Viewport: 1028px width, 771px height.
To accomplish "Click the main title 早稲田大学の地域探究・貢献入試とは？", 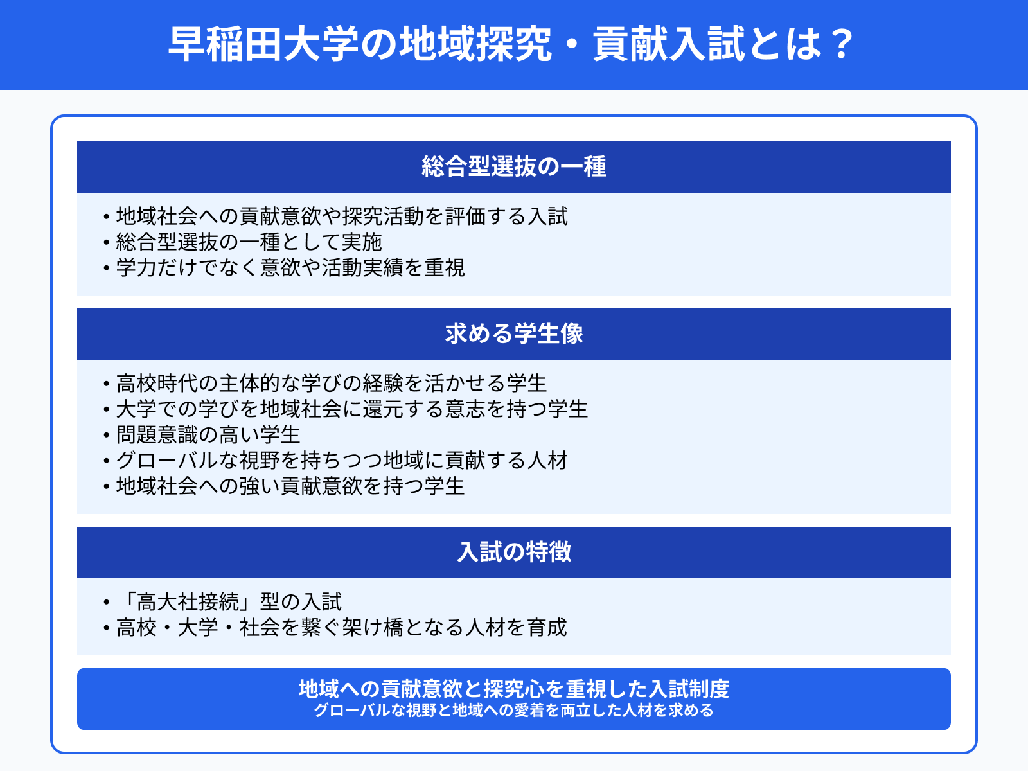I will tap(511, 44).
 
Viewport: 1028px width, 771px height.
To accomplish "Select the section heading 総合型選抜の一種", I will tap(514, 167).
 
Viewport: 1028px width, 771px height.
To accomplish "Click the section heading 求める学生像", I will tap(514, 334).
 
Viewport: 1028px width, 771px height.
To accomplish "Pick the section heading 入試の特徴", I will tap(514, 553).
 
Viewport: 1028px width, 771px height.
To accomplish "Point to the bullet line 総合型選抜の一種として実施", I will tap(249, 242).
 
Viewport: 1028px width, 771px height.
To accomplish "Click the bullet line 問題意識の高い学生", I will tap(208, 435).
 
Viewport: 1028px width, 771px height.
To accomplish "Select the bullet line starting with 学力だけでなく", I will tap(290, 268).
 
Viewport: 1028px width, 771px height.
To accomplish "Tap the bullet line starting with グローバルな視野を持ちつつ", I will tap(342, 461).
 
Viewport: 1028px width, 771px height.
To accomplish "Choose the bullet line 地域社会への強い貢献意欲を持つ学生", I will tap(290, 486).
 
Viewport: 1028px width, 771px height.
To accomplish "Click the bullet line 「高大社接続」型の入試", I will tap(229, 602).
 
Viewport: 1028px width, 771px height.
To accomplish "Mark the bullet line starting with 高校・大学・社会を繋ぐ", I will tap(342, 628).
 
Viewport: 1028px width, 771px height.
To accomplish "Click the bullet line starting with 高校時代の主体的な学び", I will tap(332, 384).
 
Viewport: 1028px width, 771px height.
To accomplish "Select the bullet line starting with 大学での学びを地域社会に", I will tap(352, 409).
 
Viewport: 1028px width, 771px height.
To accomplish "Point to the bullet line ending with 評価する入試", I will tap(342, 217).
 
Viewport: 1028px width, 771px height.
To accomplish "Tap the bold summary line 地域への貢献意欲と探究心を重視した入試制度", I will tap(514, 689).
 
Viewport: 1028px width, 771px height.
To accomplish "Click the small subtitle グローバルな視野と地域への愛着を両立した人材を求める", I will tap(514, 711).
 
